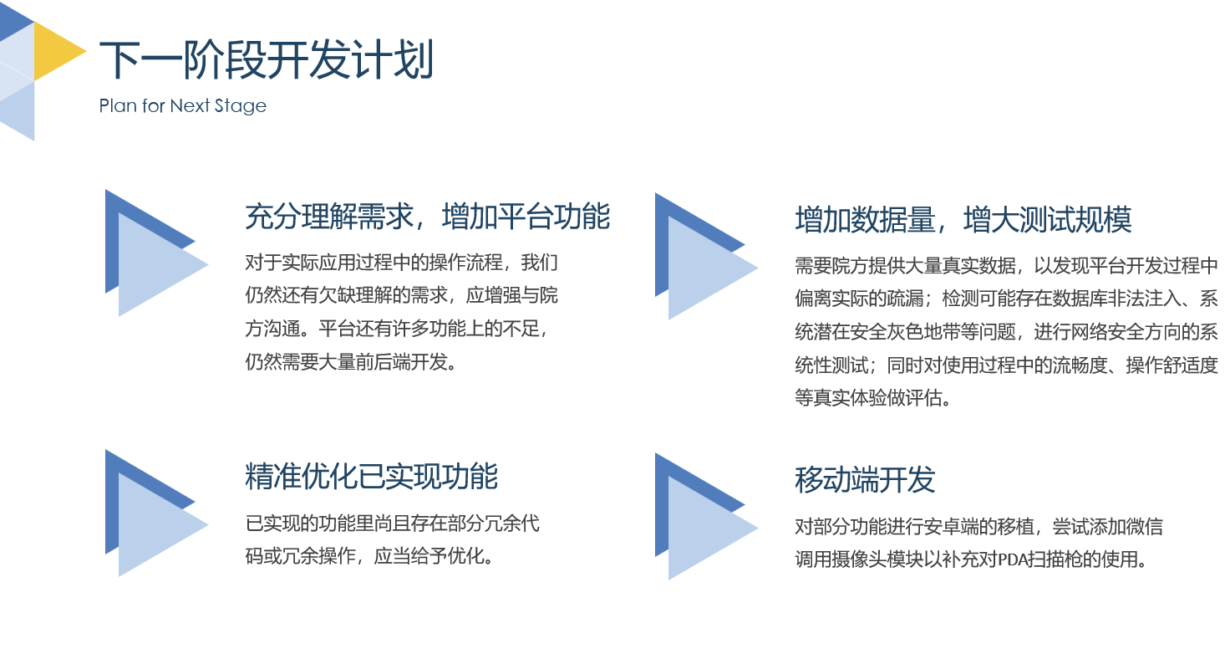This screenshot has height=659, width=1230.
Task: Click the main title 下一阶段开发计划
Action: [266, 60]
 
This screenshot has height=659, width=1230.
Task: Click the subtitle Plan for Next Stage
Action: [182, 106]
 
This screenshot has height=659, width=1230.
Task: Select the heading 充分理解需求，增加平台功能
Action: [427, 217]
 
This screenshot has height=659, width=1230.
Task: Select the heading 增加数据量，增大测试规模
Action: [963, 220]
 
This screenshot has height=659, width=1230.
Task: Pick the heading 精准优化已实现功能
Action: [371, 477]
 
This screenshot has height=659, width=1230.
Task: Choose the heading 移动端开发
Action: [865, 480]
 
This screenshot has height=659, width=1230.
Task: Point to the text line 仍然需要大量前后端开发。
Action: [351, 362]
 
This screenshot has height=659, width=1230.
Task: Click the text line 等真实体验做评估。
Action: [873, 399]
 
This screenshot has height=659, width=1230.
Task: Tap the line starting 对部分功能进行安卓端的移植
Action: [978, 527]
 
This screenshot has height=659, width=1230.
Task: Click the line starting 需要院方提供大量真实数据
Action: [1006, 267]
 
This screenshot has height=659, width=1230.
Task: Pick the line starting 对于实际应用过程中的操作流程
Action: [401, 262]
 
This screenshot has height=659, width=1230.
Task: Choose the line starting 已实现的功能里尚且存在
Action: [392, 524]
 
